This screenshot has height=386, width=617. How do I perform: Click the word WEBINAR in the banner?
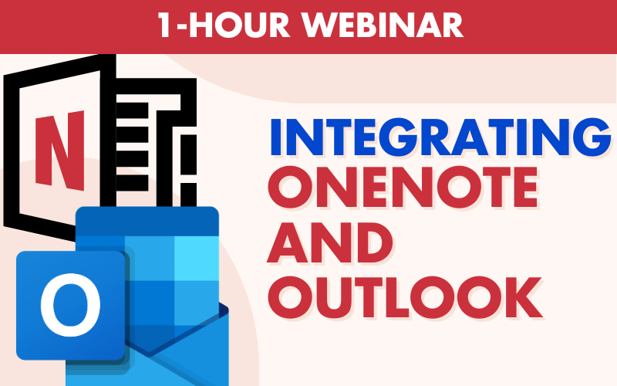pos(383,25)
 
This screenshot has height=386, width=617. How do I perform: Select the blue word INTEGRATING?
pos(440,137)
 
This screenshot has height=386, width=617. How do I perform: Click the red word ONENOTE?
pos(403,188)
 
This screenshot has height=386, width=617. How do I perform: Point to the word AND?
pos(329,242)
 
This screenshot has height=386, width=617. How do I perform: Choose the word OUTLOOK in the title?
pos(406,298)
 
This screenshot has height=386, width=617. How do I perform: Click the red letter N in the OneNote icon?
pos(60,150)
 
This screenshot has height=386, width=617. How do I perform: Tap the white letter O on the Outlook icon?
pos(71,304)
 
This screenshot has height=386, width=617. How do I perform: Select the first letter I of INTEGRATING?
pos(275,137)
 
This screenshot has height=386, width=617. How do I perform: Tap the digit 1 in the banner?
pos(165,25)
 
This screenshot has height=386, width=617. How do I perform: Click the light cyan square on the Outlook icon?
pos(196,258)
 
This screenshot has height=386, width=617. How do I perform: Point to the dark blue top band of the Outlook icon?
pos(147,222)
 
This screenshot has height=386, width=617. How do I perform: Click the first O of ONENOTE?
pos(289,188)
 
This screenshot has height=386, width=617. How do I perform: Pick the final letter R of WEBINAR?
pos(453,25)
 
